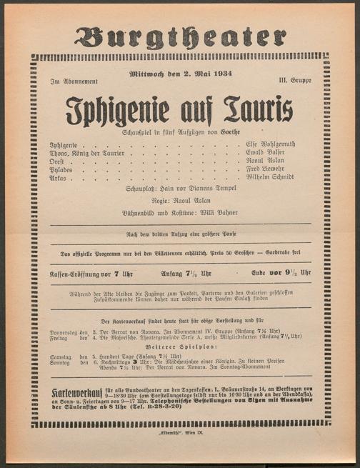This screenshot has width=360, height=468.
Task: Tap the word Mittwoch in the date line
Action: tap(148, 74)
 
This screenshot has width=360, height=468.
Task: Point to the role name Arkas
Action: tap(59, 178)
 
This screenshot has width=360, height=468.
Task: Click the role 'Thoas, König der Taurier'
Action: tap(87, 153)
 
